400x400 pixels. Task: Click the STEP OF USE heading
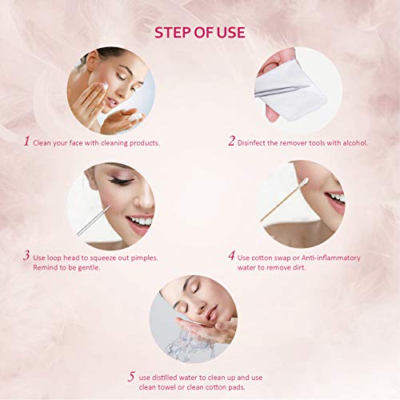(x=200, y=33)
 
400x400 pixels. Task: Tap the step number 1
(x=26, y=141)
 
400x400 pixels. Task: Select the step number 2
(x=231, y=141)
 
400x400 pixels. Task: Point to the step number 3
(x=26, y=255)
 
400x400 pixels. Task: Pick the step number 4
(x=231, y=255)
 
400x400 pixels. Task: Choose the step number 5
(x=131, y=377)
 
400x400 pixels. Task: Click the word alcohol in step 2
(x=355, y=143)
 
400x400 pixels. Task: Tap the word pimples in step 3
(x=144, y=258)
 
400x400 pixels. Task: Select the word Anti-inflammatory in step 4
(x=331, y=258)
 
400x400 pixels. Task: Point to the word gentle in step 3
(x=89, y=267)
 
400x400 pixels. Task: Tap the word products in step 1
(x=145, y=143)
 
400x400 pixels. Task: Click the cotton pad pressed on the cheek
(x=104, y=86)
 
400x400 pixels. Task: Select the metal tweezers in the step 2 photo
(x=282, y=90)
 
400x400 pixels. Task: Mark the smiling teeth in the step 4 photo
(x=337, y=198)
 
